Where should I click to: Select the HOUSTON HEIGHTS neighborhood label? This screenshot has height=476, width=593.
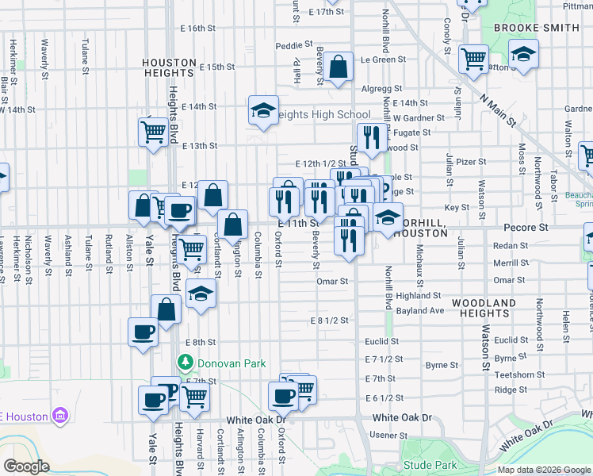click(169, 67)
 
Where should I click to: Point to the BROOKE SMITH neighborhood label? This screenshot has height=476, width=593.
click(537, 27)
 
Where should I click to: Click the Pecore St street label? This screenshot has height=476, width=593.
click(526, 228)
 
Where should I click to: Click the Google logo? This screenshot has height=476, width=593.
click(27, 466)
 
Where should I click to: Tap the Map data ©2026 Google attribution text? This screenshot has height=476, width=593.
click(544, 470)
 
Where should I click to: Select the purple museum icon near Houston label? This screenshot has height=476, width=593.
click(59, 416)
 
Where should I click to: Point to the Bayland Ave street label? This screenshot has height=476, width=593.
click(420, 310)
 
